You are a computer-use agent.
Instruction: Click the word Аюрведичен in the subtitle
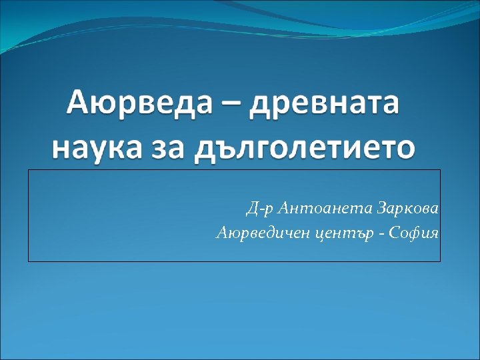click(x=261, y=233)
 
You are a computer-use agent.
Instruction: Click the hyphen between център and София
click(x=386, y=235)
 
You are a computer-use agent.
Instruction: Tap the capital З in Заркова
click(x=382, y=210)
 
